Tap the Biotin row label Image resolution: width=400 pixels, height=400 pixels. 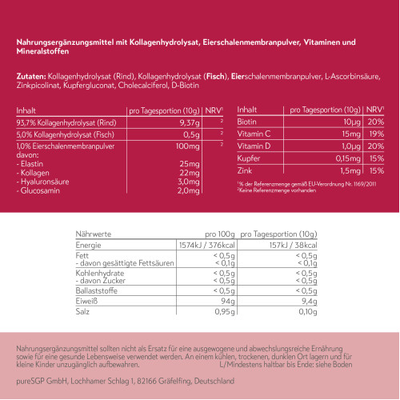(248, 122)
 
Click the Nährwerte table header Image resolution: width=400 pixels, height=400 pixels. (93, 234)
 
